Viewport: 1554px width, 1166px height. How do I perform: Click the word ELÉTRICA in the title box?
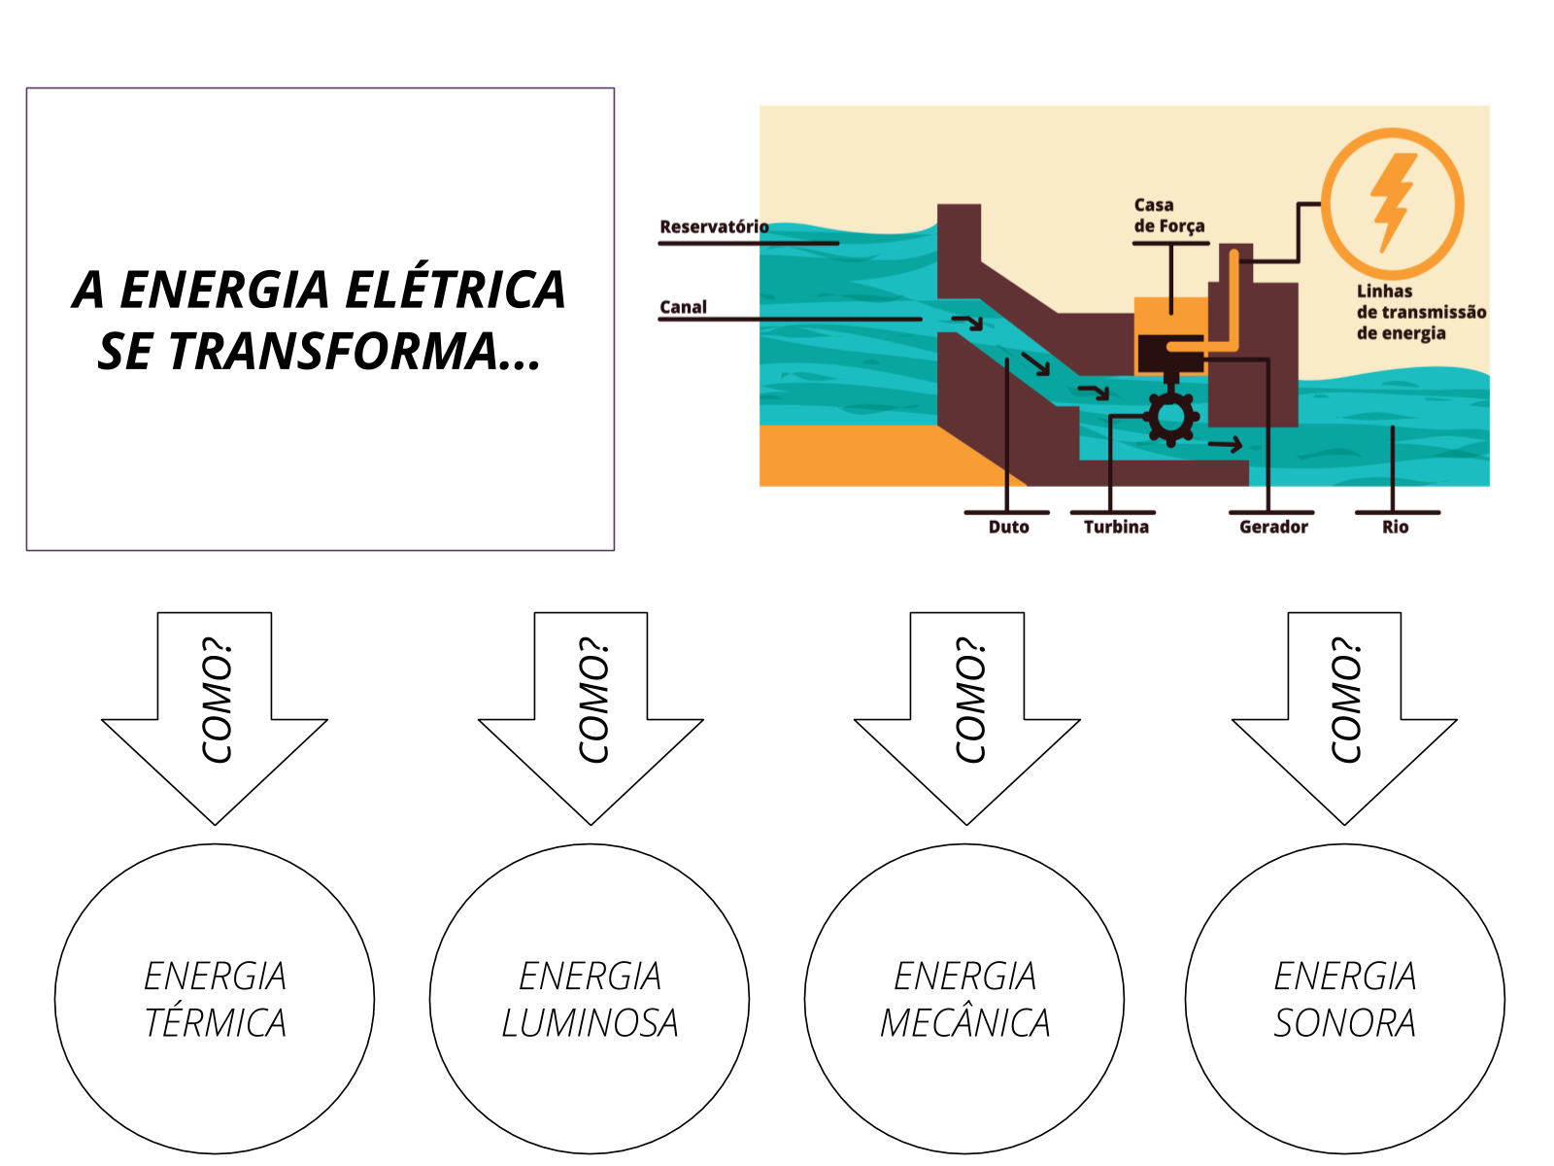tap(455, 290)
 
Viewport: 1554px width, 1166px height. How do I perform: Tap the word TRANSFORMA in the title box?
tap(332, 351)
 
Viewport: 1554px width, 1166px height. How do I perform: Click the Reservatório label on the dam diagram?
tap(714, 226)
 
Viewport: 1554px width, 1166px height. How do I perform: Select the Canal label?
tap(683, 307)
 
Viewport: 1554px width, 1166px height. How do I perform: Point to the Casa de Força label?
tap(1168, 216)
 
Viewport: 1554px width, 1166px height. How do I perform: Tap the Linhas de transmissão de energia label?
tap(1420, 312)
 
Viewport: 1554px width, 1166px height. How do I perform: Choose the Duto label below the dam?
tap(1008, 527)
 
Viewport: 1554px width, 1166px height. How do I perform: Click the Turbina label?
tap(1116, 527)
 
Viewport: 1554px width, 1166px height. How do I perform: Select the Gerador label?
tap(1273, 527)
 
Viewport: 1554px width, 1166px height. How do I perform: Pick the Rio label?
tap(1395, 527)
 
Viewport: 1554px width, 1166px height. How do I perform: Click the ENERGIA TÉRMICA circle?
tap(215, 999)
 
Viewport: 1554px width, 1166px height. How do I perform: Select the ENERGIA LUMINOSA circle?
tap(590, 999)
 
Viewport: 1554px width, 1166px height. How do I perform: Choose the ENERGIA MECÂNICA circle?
tap(964, 999)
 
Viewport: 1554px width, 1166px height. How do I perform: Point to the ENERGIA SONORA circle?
tap(1344, 999)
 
